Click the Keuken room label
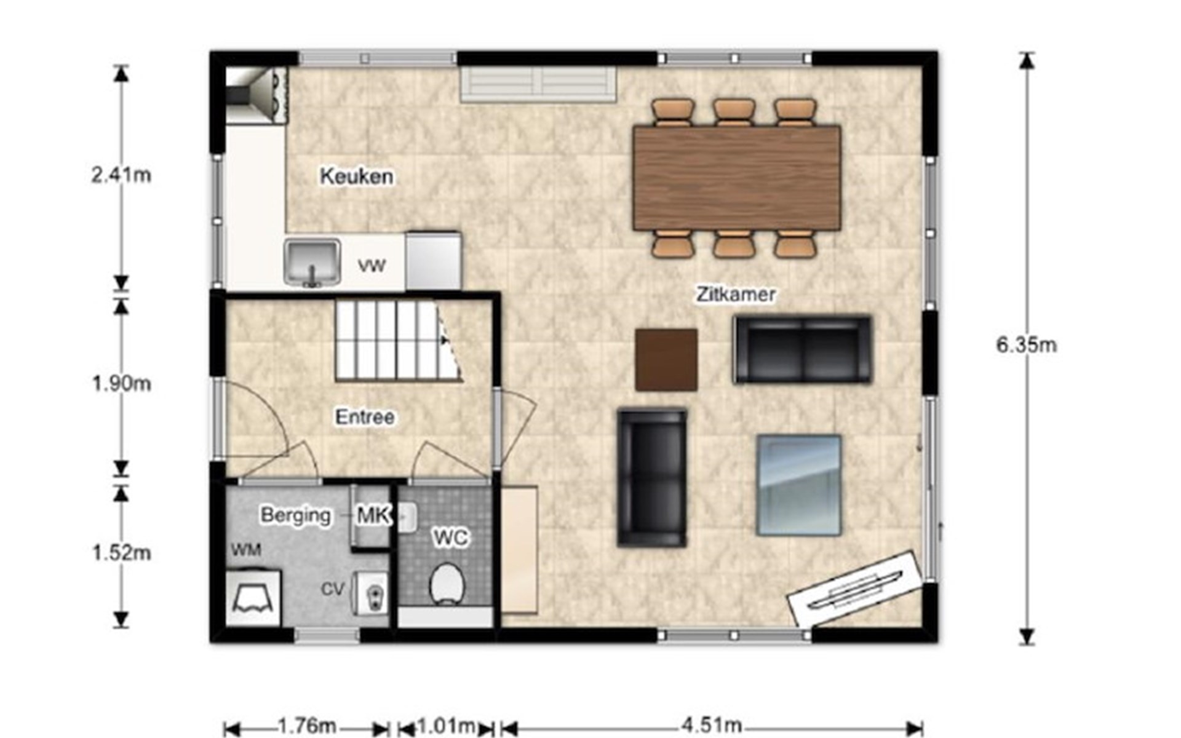pyautogui.click(x=357, y=177)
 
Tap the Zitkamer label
pyautogui.click(x=736, y=294)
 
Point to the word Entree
pyautogui.click(x=365, y=417)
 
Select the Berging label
pyautogui.click(x=296, y=515)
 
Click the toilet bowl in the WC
pyautogui.click(x=447, y=584)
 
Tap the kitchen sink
pyautogui.click(x=312, y=263)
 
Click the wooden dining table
pyautogui.click(x=737, y=178)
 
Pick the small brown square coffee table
pyautogui.click(x=667, y=360)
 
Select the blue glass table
pyautogui.click(x=799, y=485)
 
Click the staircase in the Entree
pyautogui.click(x=398, y=340)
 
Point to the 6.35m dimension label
pyautogui.click(x=1027, y=345)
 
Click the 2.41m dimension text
pyautogui.click(x=121, y=175)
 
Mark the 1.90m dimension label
pyautogui.click(x=121, y=384)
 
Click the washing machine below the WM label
pyautogui.click(x=253, y=598)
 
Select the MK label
pyautogui.click(x=373, y=515)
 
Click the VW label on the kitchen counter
pyautogui.click(x=372, y=266)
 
